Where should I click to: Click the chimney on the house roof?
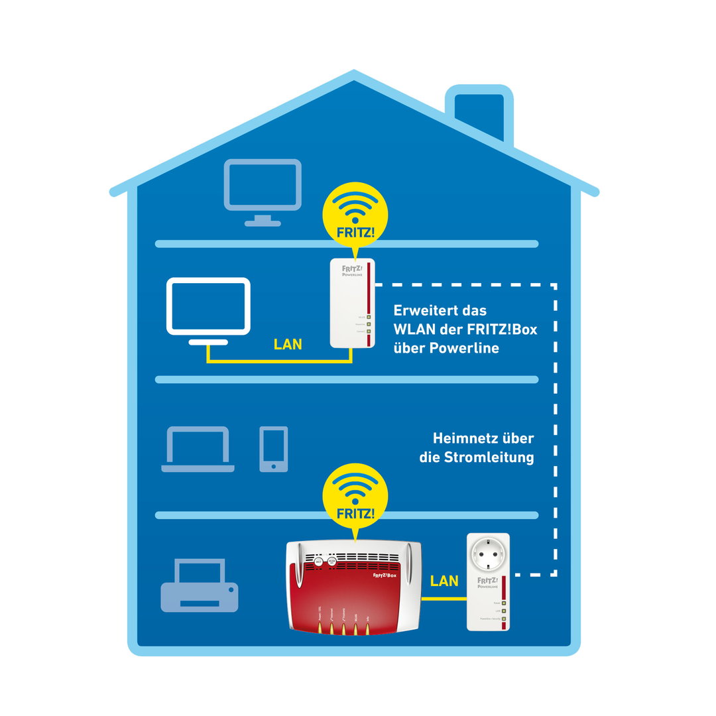click(479, 113)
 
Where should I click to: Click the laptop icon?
click(198, 449)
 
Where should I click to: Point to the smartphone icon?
click(274, 449)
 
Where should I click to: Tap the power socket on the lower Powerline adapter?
click(488, 554)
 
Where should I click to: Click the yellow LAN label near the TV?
click(288, 344)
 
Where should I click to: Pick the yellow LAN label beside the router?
click(444, 581)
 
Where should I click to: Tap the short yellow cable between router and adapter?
click(444, 598)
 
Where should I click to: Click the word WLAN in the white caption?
click(414, 329)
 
